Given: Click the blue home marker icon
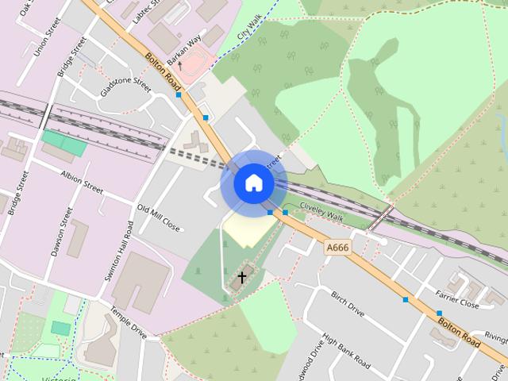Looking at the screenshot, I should (x=253, y=183).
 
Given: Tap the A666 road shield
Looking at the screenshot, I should (x=337, y=248).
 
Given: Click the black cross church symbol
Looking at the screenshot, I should (x=242, y=277).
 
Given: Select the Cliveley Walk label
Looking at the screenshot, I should (x=321, y=210).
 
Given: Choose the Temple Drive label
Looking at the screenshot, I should (x=128, y=323).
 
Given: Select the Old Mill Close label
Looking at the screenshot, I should (x=159, y=219).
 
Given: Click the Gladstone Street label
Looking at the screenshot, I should (x=125, y=85).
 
